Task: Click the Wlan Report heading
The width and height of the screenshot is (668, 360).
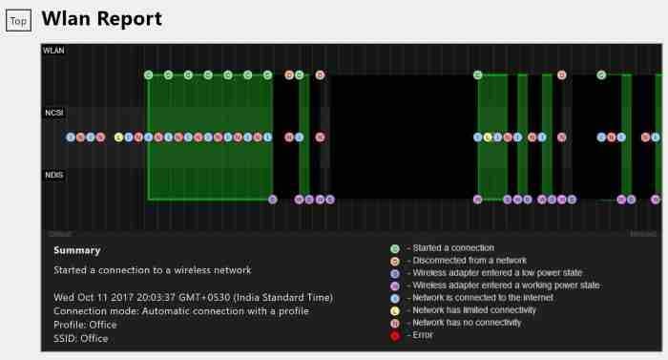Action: coord(102,18)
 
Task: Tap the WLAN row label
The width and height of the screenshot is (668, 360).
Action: coord(53,51)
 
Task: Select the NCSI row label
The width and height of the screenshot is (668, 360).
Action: coord(53,113)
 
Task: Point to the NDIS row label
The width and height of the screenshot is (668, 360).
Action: coord(53,175)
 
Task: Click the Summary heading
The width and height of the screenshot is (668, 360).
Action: coord(76,250)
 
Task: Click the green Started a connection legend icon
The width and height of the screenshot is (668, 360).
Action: coord(395,248)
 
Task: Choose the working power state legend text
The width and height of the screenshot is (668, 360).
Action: coord(503,286)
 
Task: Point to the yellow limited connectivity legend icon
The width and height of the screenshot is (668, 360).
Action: coord(395,310)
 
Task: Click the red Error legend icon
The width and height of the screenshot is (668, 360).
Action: coord(395,335)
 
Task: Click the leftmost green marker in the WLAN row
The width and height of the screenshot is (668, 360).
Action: coord(148,74)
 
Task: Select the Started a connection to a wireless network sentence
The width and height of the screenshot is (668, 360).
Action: coord(152,270)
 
